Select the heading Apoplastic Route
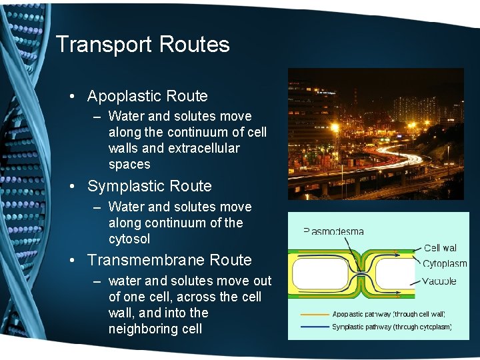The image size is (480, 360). [147, 96]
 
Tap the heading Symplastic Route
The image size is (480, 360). [149, 186]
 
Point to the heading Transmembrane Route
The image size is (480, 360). [169, 260]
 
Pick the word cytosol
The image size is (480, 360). [129, 239]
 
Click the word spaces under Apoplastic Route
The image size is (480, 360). [129, 164]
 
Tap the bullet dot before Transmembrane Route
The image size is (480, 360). [72, 260]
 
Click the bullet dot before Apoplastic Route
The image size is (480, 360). [72, 96]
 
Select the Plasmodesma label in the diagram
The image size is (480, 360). [334, 231]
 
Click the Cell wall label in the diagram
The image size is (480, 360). [441, 249]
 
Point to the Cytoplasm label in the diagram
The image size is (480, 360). [445, 264]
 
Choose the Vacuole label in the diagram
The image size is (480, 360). [440, 281]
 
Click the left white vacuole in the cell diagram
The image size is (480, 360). [321, 273]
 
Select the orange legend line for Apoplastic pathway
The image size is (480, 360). [315, 314]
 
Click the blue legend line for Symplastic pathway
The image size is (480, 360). [315, 327]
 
